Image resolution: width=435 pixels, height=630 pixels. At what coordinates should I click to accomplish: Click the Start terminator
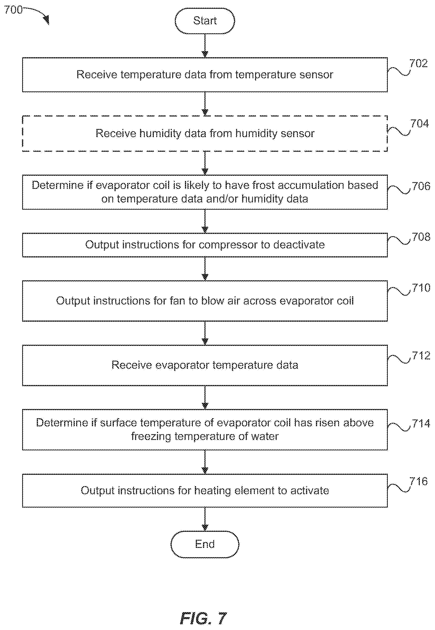tap(205, 21)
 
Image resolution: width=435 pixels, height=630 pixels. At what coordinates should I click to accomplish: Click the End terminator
tap(205, 544)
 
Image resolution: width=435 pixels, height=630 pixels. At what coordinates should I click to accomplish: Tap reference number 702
tap(418, 63)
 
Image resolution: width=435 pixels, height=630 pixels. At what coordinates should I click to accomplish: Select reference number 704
tap(419, 124)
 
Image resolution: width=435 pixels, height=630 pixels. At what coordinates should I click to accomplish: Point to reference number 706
tap(421, 186)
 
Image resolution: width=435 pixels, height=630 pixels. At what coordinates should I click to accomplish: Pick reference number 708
tap(421, 237)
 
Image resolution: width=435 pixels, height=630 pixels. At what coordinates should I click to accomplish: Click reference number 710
tap(421, 288)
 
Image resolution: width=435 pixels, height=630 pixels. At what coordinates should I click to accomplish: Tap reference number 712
tap(421, 355)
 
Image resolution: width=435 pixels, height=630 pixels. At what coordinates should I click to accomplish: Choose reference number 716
tap(418, 481)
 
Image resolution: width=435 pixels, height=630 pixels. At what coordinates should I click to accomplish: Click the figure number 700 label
tap(13, 10)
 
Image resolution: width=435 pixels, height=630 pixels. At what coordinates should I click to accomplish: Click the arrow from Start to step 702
tap(205, 46)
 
